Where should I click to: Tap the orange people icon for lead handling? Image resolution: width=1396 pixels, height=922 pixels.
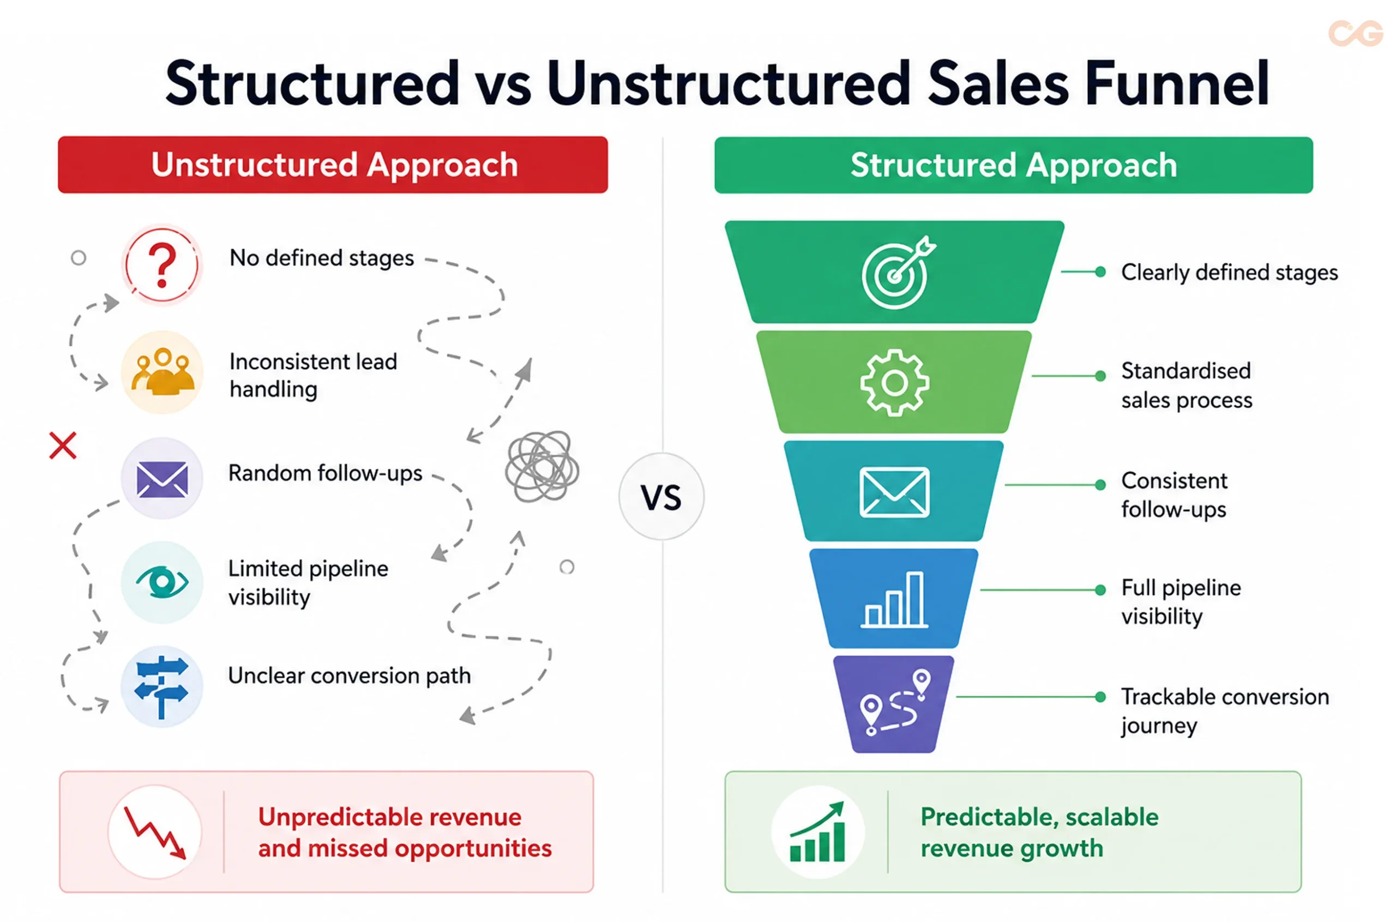(x=162, y=372)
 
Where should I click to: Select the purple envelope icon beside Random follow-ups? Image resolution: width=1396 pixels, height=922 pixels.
(x=162, y=478)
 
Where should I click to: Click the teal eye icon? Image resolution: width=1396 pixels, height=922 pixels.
(x=162, y=582)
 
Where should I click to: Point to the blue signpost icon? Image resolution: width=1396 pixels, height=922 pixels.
(x=162, y=687)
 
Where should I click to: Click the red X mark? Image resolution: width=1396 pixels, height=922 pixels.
(x=63, y=445)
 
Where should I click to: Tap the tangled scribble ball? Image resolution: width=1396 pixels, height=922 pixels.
(x=541, y=466)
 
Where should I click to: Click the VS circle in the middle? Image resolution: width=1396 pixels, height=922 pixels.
(x=661, y=496)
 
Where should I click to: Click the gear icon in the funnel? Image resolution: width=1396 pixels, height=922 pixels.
(x=894, y=383)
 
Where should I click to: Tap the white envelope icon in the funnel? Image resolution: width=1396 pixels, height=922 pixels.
(x=894, y=492)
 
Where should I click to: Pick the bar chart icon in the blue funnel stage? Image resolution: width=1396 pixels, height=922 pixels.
(x=894, y=599)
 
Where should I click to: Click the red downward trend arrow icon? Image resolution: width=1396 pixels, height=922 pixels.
(x=155, y=832)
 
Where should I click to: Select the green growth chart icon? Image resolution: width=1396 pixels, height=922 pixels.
(x=817, y=831)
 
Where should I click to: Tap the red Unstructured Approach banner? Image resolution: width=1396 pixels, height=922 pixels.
(x=333, y=165)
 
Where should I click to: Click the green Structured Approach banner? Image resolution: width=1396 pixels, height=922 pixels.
(x=1013, y=165)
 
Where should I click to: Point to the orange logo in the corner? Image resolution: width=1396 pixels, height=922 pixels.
(x=1356, y=33)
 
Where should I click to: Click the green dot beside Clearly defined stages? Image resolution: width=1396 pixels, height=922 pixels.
(x=1100, y=272)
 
